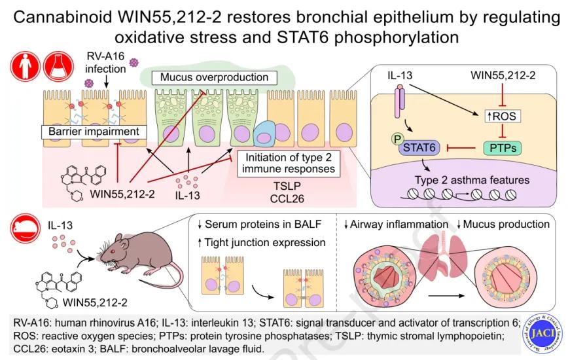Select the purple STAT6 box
[421, 149]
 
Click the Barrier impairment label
[92, 132]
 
